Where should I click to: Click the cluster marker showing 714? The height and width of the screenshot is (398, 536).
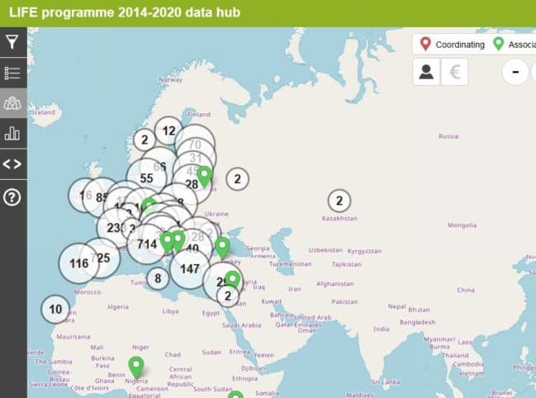pos(148,244)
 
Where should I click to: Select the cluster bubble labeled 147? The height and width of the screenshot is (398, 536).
pos(190,269)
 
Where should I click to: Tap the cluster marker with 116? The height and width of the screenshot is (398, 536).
pos(79,264)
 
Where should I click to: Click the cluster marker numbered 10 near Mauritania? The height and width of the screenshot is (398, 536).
pos(55,310)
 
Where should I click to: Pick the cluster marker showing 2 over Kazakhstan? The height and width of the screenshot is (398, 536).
pos(339,200)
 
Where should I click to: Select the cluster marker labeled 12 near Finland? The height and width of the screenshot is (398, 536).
pos(168,130)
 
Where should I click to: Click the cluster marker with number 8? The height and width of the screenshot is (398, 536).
pos(158,278)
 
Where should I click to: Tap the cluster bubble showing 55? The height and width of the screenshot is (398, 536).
pos(146,178)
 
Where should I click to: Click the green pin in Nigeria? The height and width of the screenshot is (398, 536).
pos(136,367)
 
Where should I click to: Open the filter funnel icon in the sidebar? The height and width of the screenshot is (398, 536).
pos(13,42)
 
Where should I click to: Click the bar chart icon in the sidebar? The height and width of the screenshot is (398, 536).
pos(13,132)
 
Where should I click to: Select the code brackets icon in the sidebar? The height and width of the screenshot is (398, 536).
pos(13,163)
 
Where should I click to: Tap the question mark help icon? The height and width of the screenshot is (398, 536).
pos(13,197)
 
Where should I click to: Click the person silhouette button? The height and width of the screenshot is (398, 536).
pos(426,72)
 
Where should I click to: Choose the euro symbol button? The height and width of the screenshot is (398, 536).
pos(454,72)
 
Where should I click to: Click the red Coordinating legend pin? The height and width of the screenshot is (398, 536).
pos(425,44)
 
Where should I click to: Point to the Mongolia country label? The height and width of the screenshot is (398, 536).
pos(462,225)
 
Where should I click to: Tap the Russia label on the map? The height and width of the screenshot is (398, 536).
pos(448,135)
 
